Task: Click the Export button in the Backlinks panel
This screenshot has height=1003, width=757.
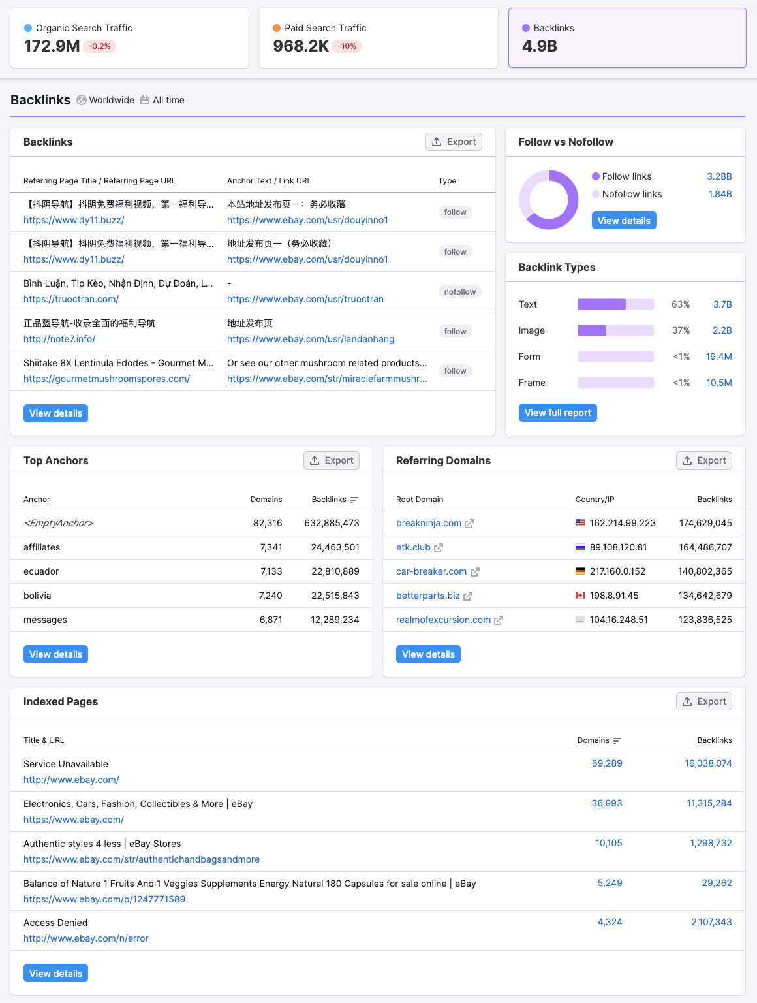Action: (x=454, y=142)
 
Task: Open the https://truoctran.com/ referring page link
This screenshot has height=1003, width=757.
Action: (x=71, y=299)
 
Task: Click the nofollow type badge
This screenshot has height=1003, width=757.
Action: (x=459, y=292)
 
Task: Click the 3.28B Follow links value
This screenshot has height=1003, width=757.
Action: (x=719, y=176)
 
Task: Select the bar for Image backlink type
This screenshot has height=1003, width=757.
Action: (x=615, y=330)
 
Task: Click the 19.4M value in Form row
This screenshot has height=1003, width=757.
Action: (x=718, y=357)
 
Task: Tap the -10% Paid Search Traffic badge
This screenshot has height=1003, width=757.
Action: (x=347, y=46)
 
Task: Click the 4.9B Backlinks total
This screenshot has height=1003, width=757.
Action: (x=540, y=46)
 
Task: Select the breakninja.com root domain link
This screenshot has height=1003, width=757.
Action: (x=429, y=523)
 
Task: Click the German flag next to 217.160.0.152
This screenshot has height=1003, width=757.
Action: (x=580, y=571)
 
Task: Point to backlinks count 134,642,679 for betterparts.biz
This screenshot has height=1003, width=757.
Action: (x=705, y=596)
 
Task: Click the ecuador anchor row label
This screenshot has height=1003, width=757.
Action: (x=41, y=571)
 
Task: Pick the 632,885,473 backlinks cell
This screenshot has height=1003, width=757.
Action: (x=332, y=523)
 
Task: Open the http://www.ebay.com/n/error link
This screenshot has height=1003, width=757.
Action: (x=86, y=938)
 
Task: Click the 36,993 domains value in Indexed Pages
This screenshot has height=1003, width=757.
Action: (x=607, y=803)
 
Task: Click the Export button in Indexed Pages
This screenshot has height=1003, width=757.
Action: (x=704, y=701)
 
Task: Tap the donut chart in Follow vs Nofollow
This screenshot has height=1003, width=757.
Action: (x=549, y=200)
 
